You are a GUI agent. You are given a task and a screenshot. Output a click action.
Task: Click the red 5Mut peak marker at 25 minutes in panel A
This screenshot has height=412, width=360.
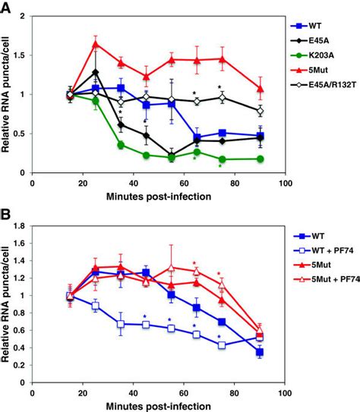(95, 43)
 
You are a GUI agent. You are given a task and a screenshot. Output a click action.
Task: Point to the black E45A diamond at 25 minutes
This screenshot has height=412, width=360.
(95, 72)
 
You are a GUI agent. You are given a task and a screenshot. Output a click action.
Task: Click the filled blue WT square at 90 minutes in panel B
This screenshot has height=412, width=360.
(260, 352)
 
